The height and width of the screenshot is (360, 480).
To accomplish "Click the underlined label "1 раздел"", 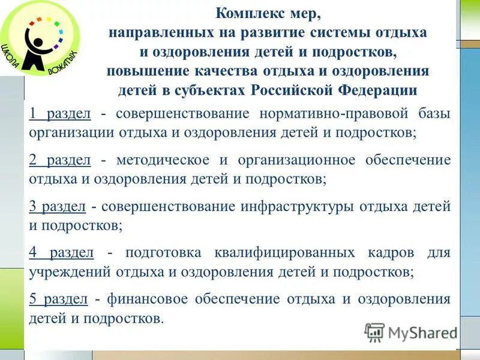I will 59,114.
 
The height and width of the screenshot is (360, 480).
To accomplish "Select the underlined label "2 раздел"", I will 59,160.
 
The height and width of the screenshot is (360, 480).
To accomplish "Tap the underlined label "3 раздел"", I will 57,207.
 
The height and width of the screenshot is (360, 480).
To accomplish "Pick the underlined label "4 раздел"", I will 61,253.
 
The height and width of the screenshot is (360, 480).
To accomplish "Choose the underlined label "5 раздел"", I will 58,299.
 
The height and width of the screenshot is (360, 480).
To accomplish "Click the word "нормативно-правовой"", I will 327,114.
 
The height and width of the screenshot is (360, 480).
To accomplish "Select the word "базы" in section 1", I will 433,114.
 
